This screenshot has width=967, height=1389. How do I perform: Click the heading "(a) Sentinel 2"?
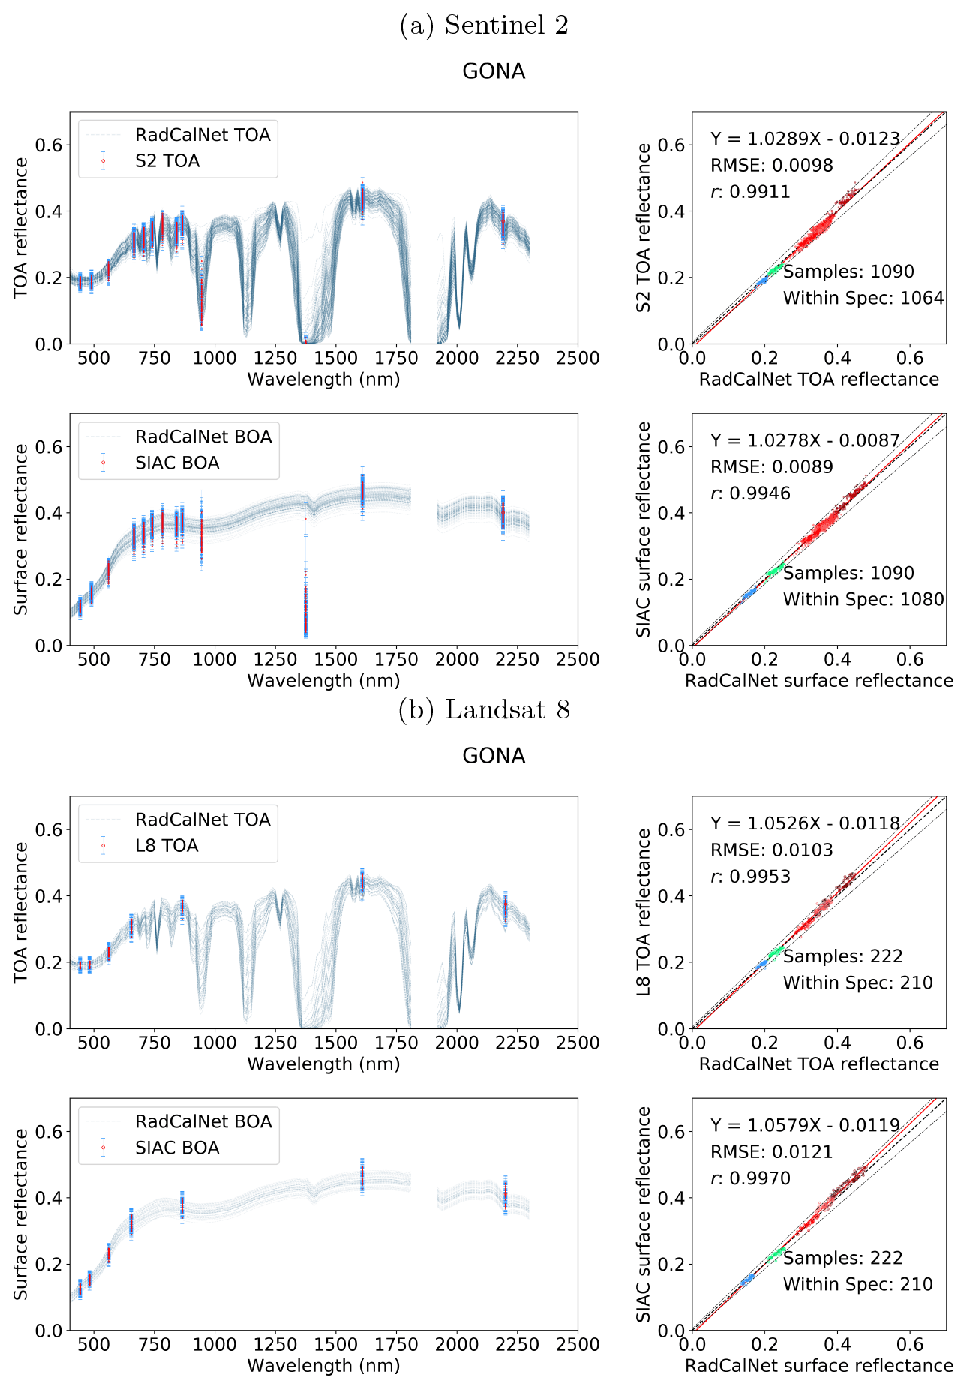coord(484,25)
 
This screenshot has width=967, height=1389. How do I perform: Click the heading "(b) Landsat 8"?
coord(484,709)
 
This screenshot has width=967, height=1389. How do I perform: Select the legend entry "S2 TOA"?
coord(167,161)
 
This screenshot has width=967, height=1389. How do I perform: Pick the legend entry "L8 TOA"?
coord(166,846)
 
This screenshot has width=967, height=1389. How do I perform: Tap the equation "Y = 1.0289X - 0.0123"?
coord(805,139)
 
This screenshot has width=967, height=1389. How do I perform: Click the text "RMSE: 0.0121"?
coord(771,1151)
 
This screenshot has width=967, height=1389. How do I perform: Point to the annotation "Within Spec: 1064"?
coord(863,298)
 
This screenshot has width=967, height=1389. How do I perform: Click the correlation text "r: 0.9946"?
coord(750,493)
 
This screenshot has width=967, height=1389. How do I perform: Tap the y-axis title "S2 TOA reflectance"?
coord(644,228)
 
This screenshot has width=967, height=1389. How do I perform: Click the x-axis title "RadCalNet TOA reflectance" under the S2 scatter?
coord(818,379)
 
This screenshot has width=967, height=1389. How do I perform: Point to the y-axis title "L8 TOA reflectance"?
coord(644,913)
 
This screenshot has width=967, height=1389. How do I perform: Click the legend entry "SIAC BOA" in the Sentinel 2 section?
coord(177,463)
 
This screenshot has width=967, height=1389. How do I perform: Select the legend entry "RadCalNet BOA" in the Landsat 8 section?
coord(203,1121)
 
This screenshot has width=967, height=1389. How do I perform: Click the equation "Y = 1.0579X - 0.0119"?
coord(805,1125)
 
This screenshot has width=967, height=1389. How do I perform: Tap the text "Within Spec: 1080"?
coord(863,599)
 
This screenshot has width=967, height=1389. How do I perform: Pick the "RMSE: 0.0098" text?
coord(771,166)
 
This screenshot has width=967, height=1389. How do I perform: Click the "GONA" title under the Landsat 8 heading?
coord(494,756)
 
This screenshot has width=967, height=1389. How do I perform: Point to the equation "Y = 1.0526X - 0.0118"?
coord(805,823)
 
